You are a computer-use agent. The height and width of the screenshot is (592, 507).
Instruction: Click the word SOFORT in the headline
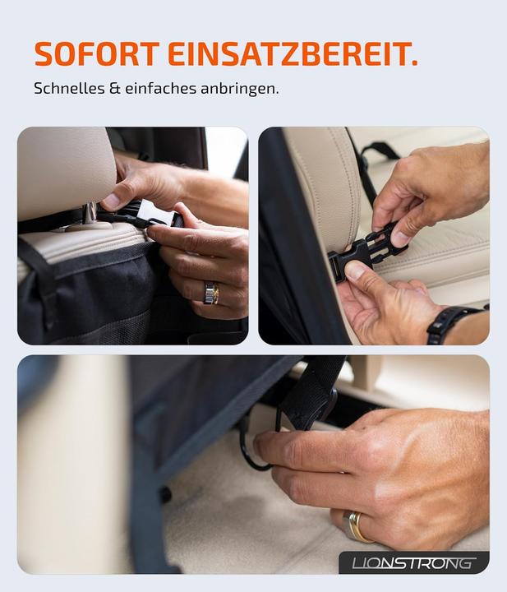coord(96,53)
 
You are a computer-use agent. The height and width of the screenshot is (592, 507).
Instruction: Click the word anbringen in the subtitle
coord(239,87)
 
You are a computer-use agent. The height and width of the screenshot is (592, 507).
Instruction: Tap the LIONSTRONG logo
coord(413,563)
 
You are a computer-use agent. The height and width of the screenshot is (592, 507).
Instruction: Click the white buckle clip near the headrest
coord(156,215)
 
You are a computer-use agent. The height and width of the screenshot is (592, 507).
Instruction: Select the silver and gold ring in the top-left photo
coord(211,292)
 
